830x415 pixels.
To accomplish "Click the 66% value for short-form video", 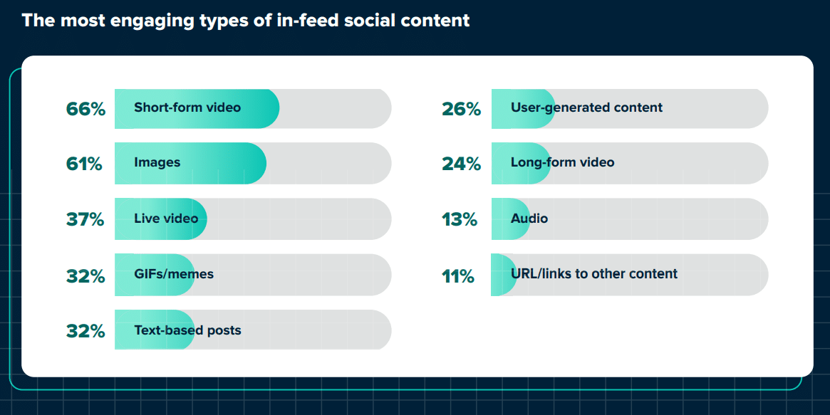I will click(85, 109).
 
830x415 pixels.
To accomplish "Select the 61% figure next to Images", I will click(84, 164).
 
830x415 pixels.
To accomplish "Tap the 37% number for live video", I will click(85, 219).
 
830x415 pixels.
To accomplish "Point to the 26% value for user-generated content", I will click(461, 109).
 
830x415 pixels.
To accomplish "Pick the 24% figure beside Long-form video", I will click(461, 164).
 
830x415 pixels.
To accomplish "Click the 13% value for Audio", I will click(459, 219).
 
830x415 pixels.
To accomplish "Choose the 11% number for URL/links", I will click(457, 275).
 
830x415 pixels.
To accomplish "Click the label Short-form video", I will click(187, 107).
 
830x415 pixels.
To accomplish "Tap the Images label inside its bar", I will click(157, 162).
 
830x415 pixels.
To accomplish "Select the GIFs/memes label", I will click(174, 274).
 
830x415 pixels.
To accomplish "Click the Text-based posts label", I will click(187, 330).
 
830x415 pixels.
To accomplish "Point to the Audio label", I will click(529, 218).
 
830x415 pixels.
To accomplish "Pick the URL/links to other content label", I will click(593, 274).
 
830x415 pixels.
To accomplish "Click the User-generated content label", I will click(586, 107).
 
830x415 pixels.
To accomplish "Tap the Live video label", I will click(166, 218).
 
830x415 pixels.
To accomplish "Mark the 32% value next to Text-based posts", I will click(85, 331).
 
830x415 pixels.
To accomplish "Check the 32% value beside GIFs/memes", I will click(85, 275).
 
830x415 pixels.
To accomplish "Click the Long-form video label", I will click(562, 162).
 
